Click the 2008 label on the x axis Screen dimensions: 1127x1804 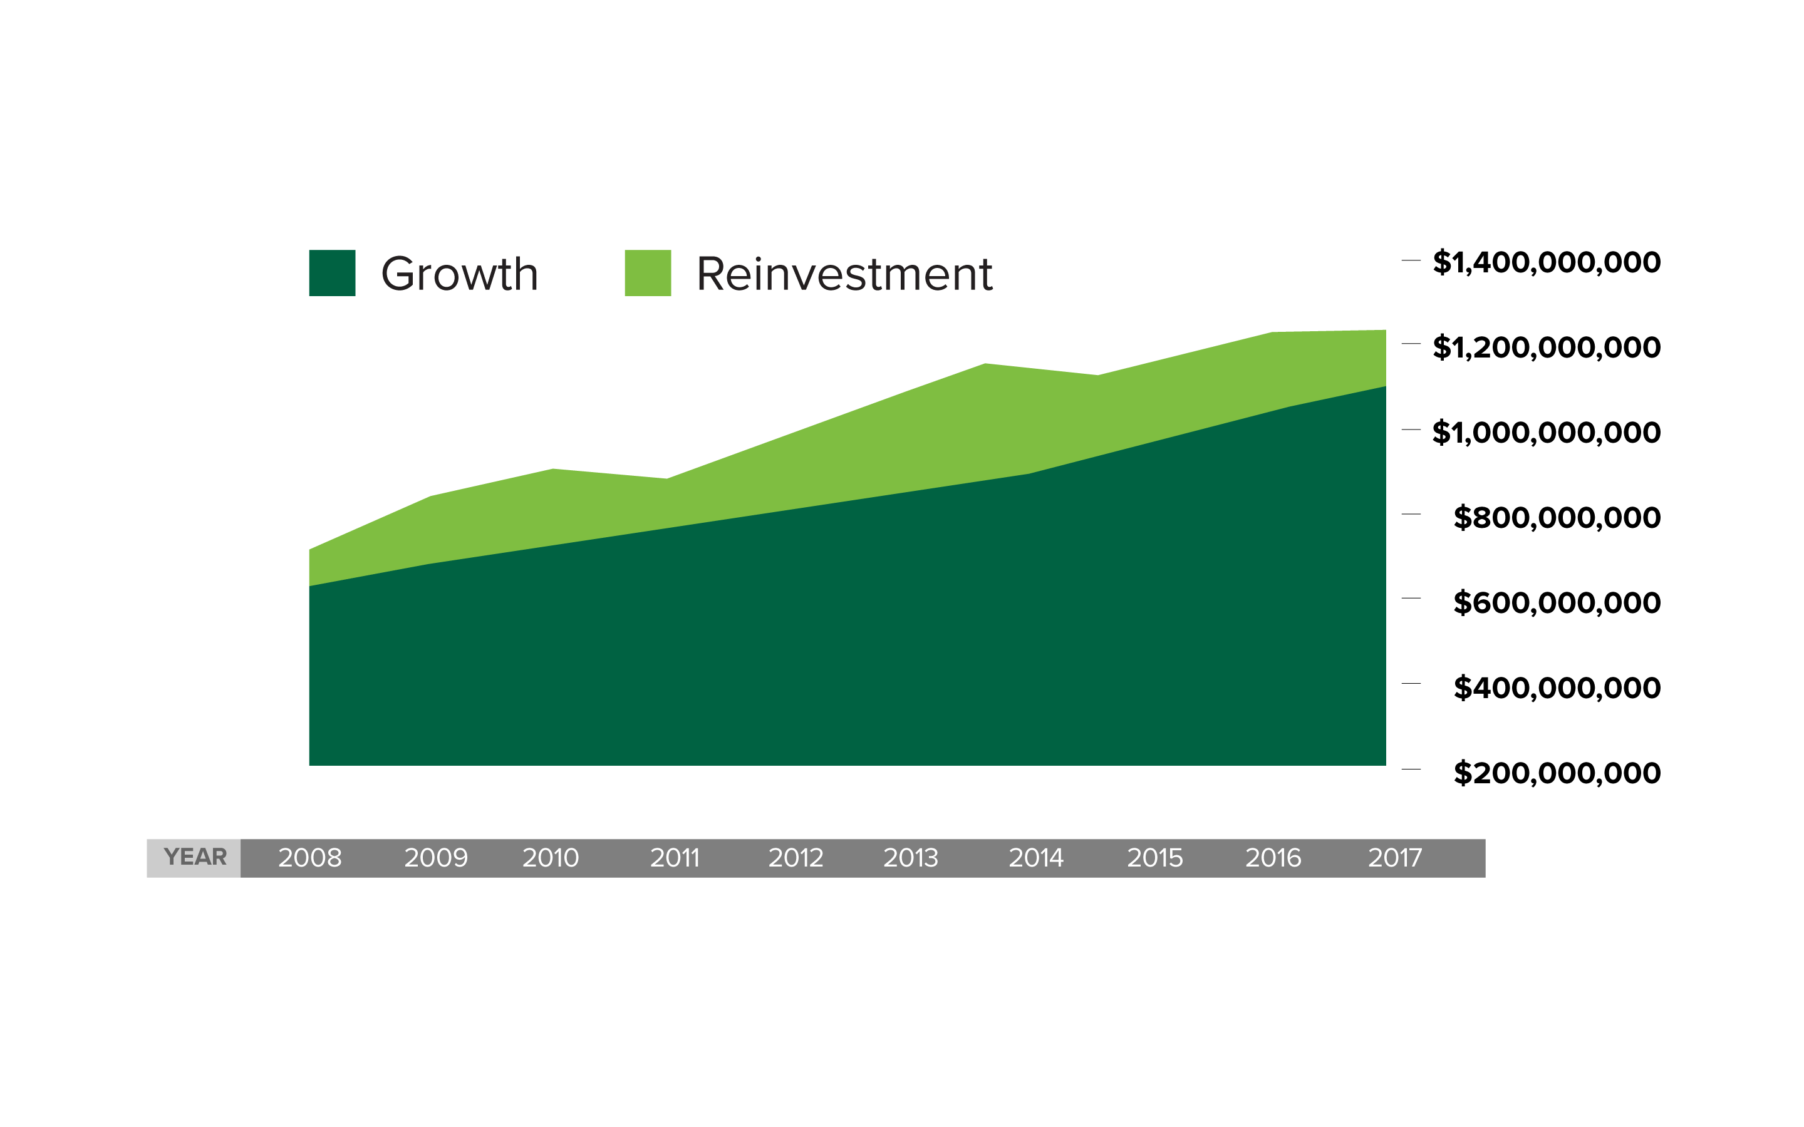click(310, 858)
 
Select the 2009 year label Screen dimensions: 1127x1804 click(436, 858)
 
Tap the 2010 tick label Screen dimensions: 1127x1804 click(550, 858)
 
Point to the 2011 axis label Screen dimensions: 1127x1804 click(675, 858)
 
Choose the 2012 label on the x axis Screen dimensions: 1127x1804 click(796, 858)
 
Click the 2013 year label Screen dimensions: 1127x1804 click(910, 858)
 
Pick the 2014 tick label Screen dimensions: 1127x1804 click(1035, 858)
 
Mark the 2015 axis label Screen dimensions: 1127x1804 click(1154, 858)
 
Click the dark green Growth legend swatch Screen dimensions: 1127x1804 click(332, 273)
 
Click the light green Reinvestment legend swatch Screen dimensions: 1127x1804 click(647, 273)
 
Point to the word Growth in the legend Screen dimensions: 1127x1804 click(459, 274)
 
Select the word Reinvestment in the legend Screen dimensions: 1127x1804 click(844, 274)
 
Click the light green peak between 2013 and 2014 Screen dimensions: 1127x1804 click(985, 364)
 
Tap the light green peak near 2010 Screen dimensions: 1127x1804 click(553, 470)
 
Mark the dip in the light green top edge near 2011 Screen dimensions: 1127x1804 click(666, 479)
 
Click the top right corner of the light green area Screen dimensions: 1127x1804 click(1384, 331)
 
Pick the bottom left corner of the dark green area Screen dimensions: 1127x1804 click(310, 764)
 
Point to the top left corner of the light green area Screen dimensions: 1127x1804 click(310, 551)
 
